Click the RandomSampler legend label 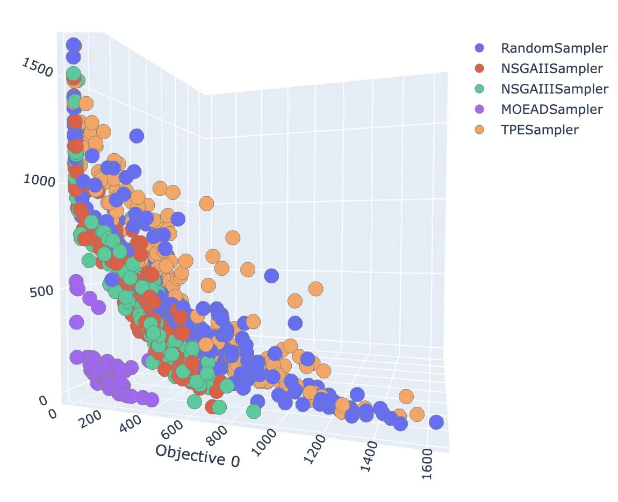coord(554,48)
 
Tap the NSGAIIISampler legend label coord(555,89)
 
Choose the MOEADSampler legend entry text coord(552,109)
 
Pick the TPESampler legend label coord(540,130)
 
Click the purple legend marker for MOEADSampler coord(480,109)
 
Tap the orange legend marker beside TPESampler coord(480,130)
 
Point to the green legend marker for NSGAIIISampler coord(480,89)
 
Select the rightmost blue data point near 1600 coord(436,422)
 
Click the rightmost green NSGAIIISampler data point coord(254,412)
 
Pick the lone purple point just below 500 coord(76,322)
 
